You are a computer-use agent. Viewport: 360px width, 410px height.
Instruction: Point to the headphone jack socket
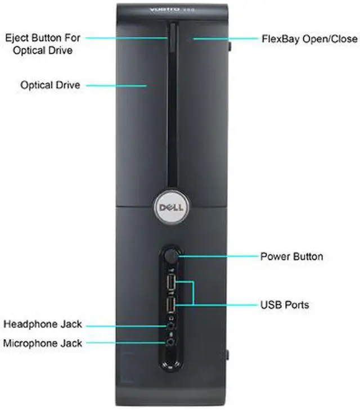coord(168,326)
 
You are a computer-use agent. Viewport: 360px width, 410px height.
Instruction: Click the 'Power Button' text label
coord(291,256)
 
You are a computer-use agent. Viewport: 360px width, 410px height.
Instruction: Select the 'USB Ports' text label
coord(285,305)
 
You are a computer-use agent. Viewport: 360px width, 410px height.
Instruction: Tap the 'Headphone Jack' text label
coord(43,324)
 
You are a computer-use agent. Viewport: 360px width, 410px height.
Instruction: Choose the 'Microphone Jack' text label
coord(43,343)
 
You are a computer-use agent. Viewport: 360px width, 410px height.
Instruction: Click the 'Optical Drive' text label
coord(50,85)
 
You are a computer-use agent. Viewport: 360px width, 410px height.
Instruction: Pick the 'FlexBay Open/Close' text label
coord(309,39)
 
